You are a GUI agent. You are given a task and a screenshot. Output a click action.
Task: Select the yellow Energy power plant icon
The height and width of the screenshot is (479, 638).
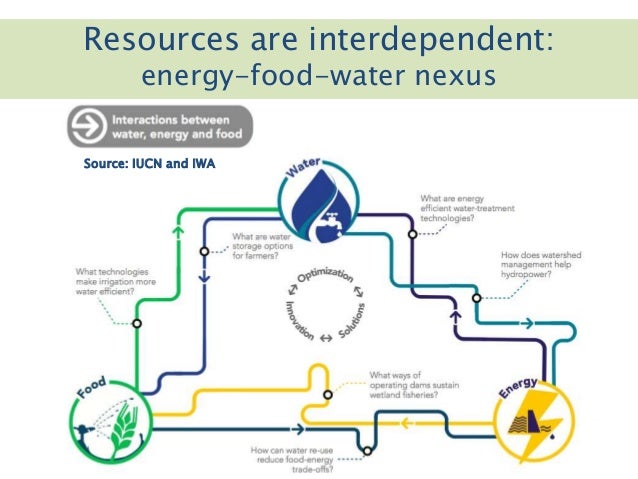click(x=527, y=421)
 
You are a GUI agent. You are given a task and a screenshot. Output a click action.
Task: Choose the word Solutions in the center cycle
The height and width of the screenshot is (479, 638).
click(x=351, y=319)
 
